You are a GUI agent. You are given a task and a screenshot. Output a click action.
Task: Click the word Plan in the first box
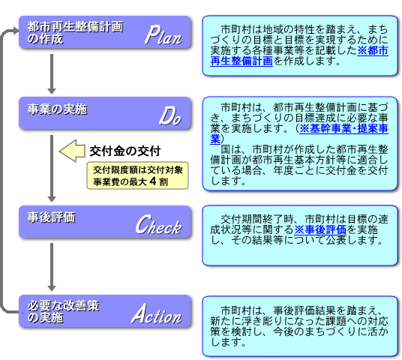pos(163,35)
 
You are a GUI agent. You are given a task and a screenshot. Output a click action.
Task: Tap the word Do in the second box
pos(170,116)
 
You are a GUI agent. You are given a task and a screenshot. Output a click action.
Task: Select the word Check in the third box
pos(158,224)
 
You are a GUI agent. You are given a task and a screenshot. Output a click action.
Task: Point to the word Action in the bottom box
pos(157,313)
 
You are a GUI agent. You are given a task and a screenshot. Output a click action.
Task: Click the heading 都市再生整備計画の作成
pos(75,32)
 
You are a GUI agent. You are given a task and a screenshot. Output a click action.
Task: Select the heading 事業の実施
pos(58,109)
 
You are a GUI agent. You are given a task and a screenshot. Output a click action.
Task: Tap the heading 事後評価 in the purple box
pos(51,217)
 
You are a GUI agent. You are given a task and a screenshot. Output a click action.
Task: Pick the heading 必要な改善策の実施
pos(63,311)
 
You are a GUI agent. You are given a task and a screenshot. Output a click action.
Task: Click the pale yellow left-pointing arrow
pos(72,151)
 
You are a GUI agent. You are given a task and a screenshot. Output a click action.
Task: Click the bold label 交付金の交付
pos(124,151)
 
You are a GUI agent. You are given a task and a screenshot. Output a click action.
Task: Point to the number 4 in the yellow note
pos(153,181)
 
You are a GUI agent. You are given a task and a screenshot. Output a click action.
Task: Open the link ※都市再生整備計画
pos(299,56)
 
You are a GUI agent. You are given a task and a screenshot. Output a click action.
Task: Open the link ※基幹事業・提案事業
pos(299,133)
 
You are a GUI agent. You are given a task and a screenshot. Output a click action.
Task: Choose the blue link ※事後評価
pos(320,229)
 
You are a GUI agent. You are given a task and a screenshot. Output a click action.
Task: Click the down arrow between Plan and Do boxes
pos(52,74)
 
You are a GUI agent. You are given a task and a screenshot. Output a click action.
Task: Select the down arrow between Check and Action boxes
pos(52,267)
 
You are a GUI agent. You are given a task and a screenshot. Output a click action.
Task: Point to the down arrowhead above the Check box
pos(52,199)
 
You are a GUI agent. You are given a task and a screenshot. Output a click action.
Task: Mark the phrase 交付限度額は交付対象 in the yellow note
pos(138,169)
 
